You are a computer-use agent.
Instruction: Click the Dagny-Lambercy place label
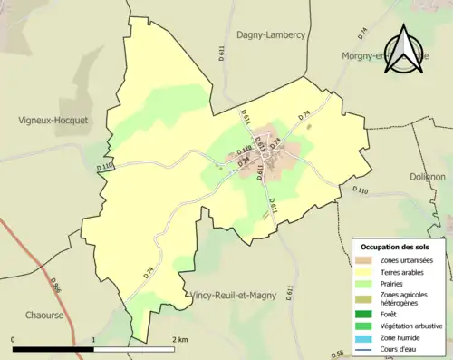(271, 34)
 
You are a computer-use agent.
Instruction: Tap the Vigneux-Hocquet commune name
(53, 119)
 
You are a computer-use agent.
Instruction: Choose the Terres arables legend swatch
(367, 272)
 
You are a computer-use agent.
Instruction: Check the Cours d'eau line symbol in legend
(367, 347)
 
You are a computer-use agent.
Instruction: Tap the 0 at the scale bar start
(13, 339)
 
